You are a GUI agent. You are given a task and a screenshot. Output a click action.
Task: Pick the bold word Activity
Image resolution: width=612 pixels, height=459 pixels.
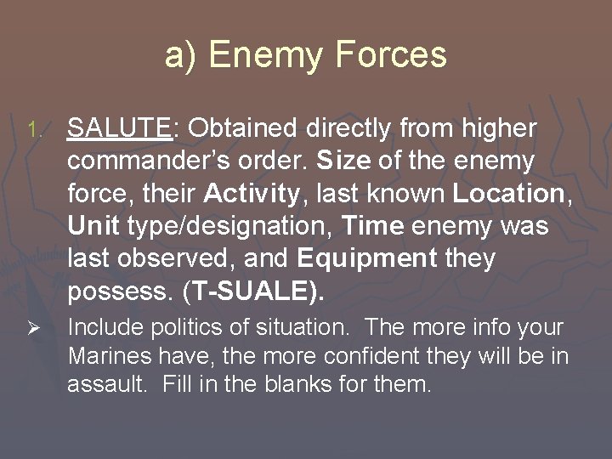point(252,194)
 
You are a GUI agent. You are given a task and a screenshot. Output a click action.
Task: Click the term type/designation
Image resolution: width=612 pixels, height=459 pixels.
point(231,227)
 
